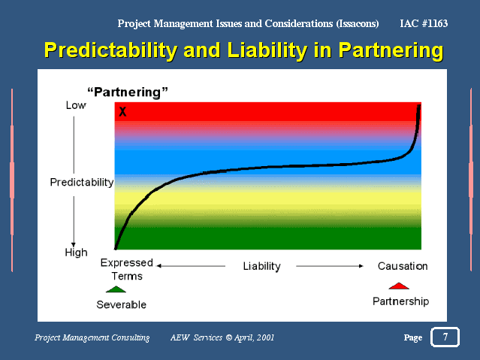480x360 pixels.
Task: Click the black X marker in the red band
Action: click(122, 111)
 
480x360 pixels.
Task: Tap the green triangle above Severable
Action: click(116, 289)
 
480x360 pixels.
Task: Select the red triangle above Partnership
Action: click(399, 286)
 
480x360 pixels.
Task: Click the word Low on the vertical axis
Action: click(76, 105)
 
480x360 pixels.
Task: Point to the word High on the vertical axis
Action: click(76, 253)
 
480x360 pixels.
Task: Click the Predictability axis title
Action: click(82, 183)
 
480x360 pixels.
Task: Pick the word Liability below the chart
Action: click(261, 266)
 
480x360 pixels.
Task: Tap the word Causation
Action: click(403, 266)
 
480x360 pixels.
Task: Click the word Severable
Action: click(121, 304)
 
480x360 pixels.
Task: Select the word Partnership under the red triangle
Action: click(400, 301)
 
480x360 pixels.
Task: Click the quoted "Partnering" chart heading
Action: click(128, 92)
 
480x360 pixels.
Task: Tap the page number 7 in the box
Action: click(445, 337)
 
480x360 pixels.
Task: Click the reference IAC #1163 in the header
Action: click(424, 23)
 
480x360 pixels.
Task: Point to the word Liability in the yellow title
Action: click(267, 50)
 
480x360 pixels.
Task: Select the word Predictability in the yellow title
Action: click(111, 50)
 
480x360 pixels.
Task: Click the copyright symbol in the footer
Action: click(228, 337)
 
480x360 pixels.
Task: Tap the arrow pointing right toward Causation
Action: click(330, 266)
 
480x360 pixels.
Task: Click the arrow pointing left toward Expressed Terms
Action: click(191, 266)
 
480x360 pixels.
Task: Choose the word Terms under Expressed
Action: click(127, 277)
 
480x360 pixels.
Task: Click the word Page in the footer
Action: click(413, 337)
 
